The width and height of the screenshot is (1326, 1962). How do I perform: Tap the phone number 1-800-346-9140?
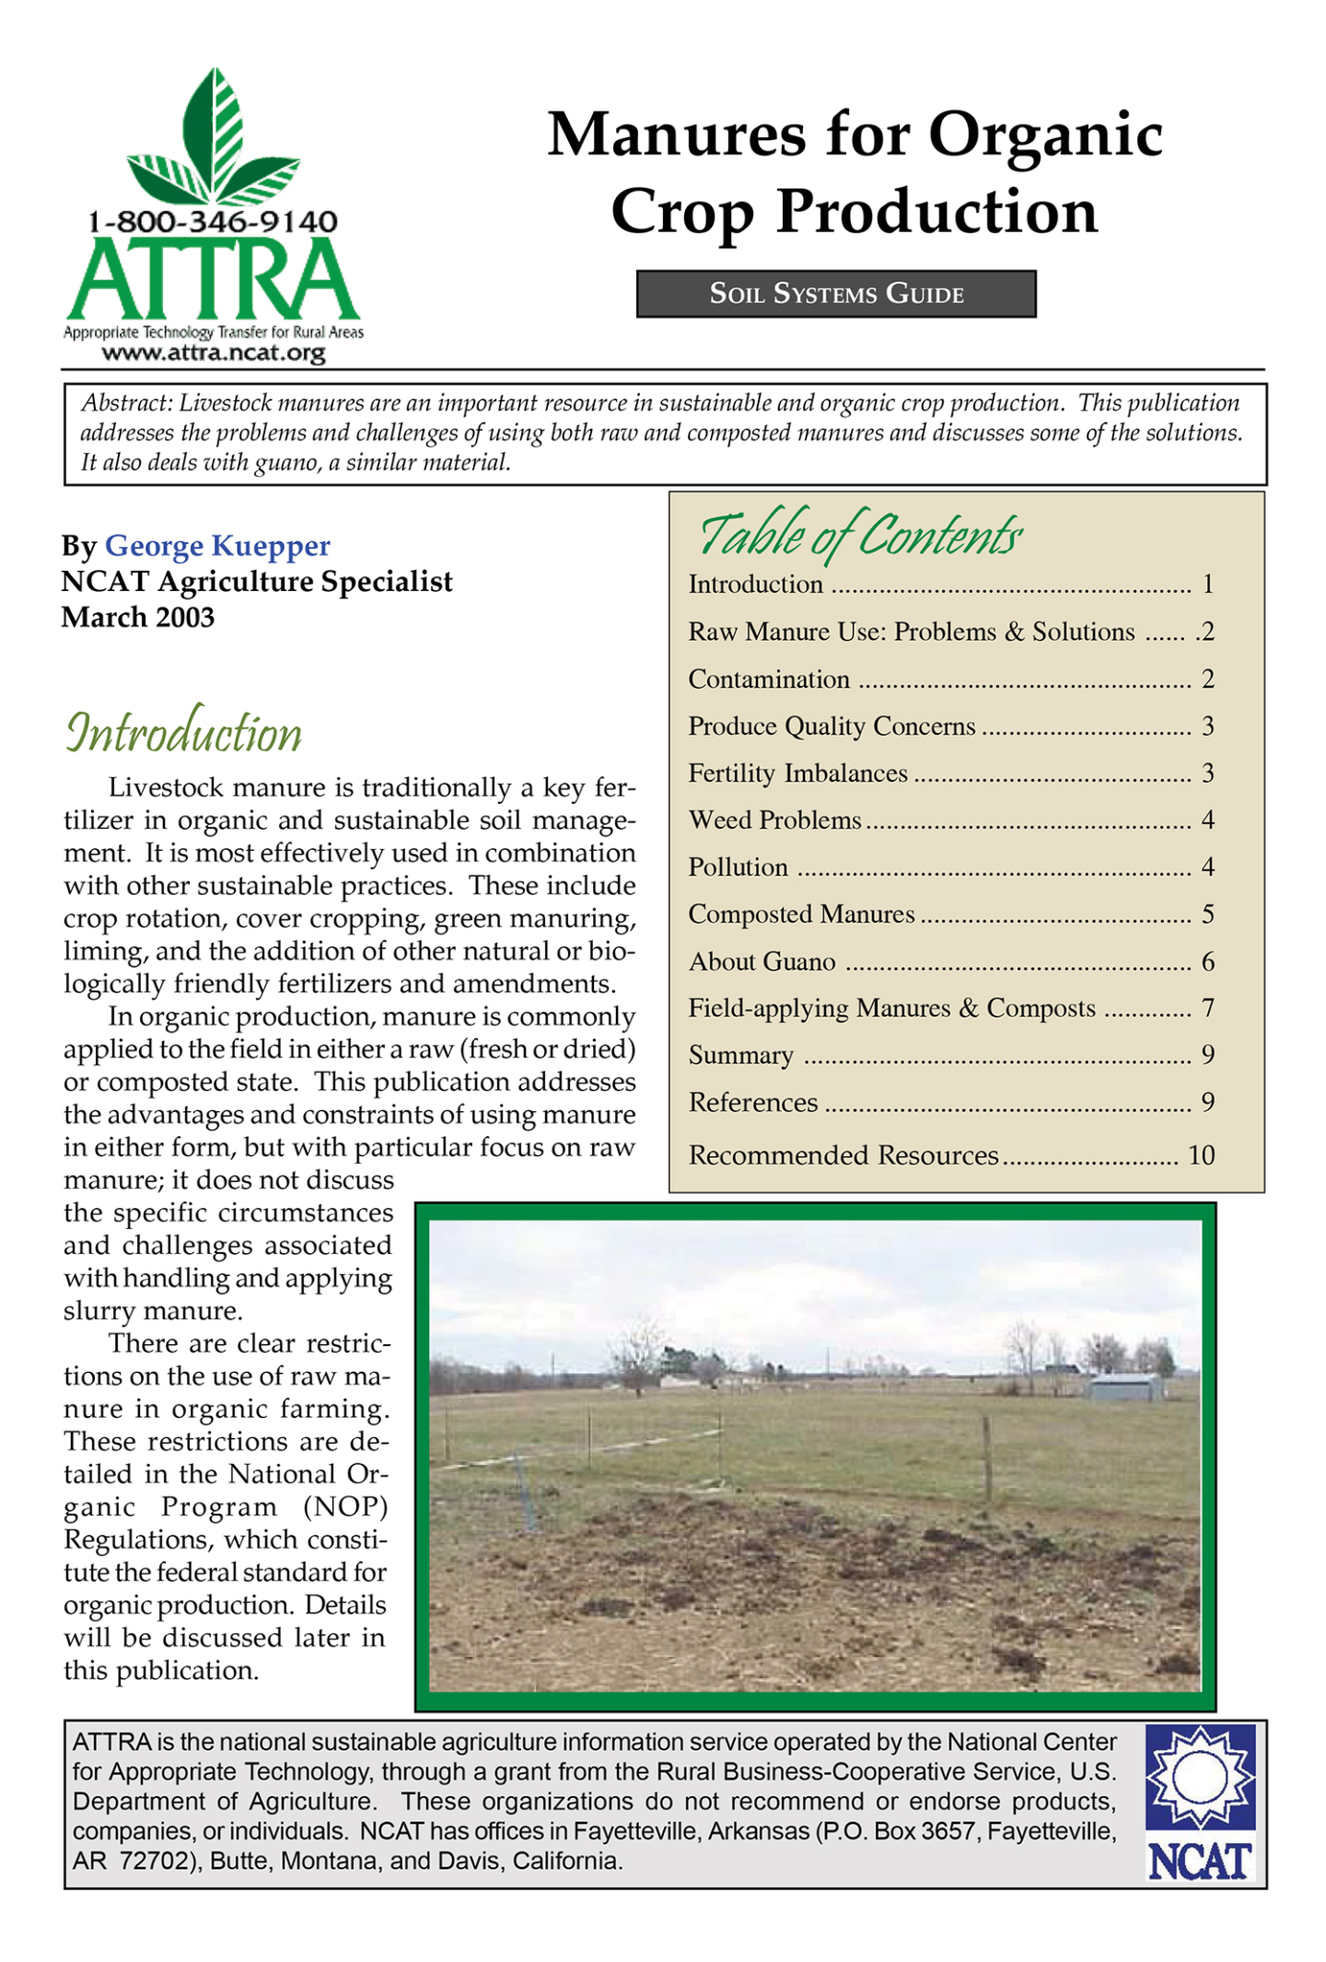click(x=213, y=222)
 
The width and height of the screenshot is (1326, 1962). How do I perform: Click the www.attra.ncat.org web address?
click(x=213, y=354)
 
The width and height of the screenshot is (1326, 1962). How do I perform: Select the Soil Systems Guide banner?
click(x=835, y=294)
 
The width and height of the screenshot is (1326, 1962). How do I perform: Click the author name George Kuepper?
click(x=217, y=546)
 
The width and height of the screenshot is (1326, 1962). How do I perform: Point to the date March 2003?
click(x=138, y=617)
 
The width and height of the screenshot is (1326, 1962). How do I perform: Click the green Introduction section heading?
click(x=183, y=735)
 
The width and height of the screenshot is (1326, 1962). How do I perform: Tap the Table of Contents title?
click(x=859, y=536)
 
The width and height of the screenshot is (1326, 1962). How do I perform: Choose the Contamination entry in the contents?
click(x=768, y=679)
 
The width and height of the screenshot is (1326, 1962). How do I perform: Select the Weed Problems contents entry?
click(x=774, y=820)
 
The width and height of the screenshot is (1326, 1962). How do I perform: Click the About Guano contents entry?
click(x=762, y=962)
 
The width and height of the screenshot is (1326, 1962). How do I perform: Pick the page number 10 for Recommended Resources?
click(x=1200, y=1155)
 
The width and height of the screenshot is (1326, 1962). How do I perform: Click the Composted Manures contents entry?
click(x=801, y=914)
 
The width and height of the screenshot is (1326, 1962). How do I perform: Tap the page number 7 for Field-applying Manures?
click(x=1207, y=1008)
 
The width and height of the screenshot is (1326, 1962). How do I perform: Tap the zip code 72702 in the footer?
click(x=150, y=1862)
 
